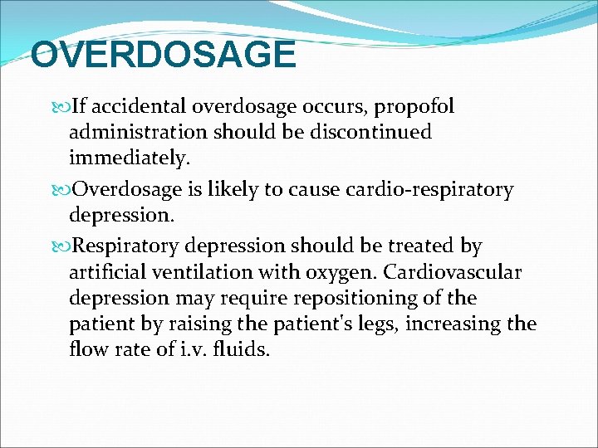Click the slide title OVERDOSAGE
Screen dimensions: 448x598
[x=163, y=56]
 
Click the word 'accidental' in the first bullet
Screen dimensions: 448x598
[x=138, y=107]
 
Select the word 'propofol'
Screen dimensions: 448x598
[x=416, y=107]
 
